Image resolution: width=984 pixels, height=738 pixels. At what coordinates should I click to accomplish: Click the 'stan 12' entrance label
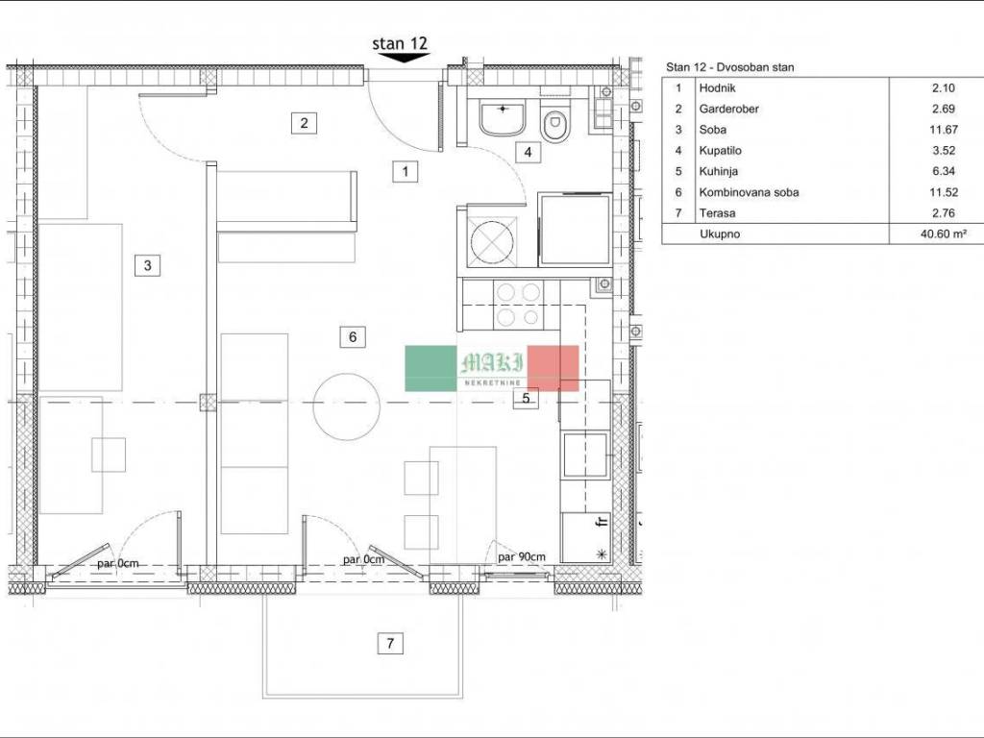tap(400, 43)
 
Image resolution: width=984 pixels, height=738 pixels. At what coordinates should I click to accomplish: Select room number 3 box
tap(147, 265)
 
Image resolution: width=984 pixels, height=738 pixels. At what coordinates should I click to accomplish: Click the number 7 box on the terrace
tap(390, 643)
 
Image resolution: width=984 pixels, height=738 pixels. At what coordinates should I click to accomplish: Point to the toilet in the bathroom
tap(555, 124)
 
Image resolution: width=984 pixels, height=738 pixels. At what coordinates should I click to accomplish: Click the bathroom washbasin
tap(502, 119)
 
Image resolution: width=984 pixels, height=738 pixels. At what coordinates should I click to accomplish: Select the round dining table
tap(346, 406)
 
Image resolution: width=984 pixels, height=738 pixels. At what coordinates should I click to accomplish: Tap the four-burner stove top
tap(519, 305)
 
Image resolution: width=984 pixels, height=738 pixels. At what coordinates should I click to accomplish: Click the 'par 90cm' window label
tap(522, 556)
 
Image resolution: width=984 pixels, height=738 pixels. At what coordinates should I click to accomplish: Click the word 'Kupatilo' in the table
tap(721, 151)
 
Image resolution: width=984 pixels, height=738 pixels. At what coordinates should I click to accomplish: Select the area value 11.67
tap(944, 130)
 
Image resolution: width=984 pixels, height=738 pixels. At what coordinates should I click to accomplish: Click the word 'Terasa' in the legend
tap(717, 213)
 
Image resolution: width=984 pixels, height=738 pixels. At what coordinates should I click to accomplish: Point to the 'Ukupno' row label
tap(720, 234)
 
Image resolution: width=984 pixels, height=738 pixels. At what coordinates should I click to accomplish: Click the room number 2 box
tap(305, 122)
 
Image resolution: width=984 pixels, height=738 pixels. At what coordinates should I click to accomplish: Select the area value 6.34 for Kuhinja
tap(944, 171)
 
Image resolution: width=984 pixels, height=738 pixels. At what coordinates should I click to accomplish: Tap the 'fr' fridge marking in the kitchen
tap(603, 520)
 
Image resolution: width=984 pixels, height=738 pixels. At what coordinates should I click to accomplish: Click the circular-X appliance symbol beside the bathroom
tap(491, 241)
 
